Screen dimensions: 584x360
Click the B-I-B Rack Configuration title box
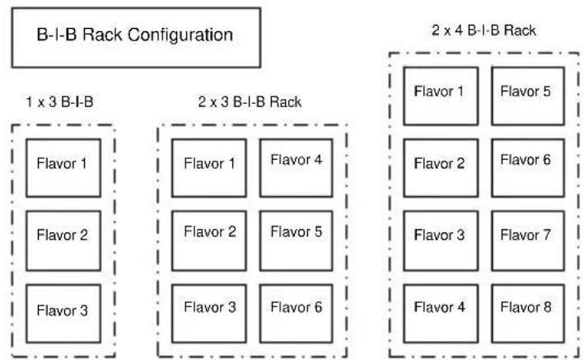(136, 38)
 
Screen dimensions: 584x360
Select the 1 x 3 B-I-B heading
(59, 102)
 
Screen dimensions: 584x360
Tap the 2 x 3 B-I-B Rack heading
(250, 102)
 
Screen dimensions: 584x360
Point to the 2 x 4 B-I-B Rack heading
(484, 30)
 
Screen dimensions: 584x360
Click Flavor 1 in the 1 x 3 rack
(63, 168)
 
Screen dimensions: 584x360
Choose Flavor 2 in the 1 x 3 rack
(63, 241)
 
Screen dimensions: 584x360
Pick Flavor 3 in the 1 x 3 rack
(63, 313)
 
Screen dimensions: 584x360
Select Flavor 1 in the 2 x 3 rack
(209, 168)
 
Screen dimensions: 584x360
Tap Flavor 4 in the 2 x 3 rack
(296, 168)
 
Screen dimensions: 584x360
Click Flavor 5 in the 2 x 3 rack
(296, 241)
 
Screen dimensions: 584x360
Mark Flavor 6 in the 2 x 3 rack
(296, 313)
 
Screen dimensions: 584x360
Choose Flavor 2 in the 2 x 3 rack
(209, 241)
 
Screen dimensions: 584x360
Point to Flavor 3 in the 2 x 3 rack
(209, 313)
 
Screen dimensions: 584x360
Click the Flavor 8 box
(528, 313)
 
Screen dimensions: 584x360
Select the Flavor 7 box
(528, 241)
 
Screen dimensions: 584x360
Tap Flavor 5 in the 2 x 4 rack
(528, 96)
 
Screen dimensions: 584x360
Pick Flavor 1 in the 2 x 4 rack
(441, 96)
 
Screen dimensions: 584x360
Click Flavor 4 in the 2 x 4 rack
(441, 313)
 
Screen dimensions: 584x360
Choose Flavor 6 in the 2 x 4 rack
(528, 168)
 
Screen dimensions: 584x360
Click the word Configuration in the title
(180, 35)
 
